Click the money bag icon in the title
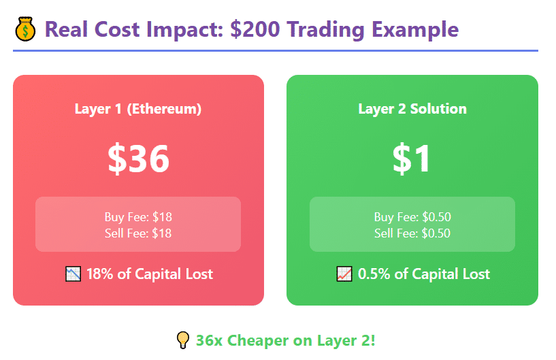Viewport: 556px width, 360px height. pos(25,29)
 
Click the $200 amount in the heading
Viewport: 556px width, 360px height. pos(255,29)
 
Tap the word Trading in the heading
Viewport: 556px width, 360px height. pos(326,30)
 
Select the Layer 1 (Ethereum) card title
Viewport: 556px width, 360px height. pos(138,109)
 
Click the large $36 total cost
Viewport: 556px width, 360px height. pos(139,158)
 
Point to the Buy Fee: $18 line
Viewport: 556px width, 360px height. pos(138,216)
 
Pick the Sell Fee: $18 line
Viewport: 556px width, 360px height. pos(138,233)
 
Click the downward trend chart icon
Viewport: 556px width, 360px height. pos(73,274)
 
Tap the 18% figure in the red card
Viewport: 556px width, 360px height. pos(99,274)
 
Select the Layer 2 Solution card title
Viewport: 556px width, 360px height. pos(412,109)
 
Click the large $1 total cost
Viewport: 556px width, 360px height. pos(412,158)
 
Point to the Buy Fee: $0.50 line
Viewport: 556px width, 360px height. pos(412,216)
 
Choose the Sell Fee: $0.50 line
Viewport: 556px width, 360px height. pos(412,233)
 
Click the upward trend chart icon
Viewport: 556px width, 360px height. pos(344,274)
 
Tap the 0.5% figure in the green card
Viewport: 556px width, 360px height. pos(374,274)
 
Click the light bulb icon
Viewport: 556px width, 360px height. pos(183,340)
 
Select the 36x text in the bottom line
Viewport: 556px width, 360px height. pos(209,340)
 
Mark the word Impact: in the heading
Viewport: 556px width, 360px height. pos(184,30)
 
